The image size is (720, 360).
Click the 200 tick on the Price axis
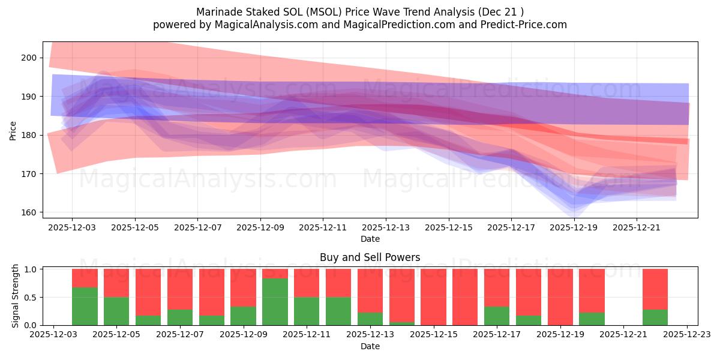coord(29,58)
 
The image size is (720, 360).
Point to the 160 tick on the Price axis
coord(29,212)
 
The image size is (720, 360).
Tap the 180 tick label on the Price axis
coord(29,135)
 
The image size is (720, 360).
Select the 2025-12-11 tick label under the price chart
coord(323,228)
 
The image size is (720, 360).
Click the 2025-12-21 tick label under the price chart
coord(637,228)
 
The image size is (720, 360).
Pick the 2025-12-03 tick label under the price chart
coord(72,228)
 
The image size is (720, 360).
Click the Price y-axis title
coord(13,130)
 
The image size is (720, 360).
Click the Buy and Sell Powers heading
coord(370,257)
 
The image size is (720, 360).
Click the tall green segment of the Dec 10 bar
coord(275,302)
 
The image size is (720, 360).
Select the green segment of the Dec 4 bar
coord(85,306)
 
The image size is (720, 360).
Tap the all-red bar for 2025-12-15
coord(433,297)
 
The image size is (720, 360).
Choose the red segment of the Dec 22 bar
coord(655,289)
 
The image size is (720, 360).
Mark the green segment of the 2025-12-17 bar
coord(497,316)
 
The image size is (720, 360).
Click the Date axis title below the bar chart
coord(370,346)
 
